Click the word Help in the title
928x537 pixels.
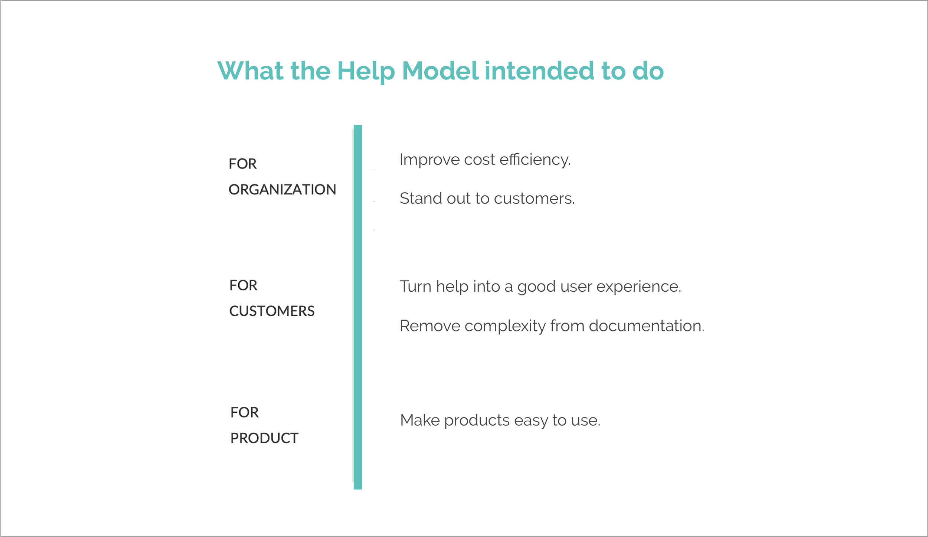coord(366,71)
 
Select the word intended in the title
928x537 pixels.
coord(539,71)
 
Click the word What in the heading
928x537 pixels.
coord(251,71)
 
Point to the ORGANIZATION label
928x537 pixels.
coord(282,190)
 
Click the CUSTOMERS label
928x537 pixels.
coord(272,311)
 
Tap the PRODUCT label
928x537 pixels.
coord(264,438)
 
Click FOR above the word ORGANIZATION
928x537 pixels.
coord(242,164)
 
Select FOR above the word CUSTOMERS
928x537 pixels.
coord(243,285)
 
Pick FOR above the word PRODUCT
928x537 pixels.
coord(244,412)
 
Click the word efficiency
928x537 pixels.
coord(535,160)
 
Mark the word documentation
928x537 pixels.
coord(646,326)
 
